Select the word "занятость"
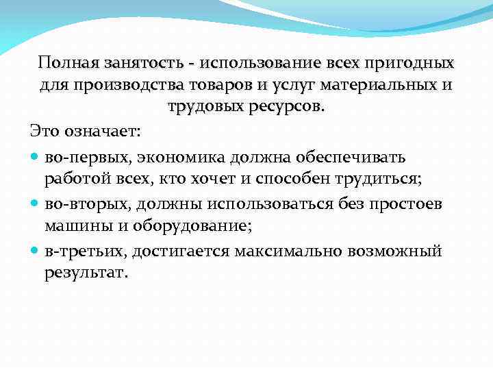[x=144, y=63]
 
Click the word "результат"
[x=86, y=274]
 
